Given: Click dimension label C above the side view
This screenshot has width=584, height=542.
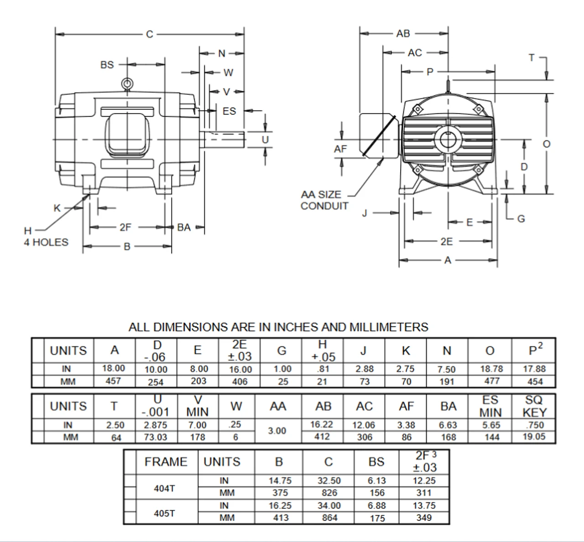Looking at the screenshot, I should point(149,34).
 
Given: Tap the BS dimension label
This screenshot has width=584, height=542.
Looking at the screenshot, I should point(107,65).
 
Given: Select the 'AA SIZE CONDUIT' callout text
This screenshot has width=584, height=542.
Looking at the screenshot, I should point(324,200).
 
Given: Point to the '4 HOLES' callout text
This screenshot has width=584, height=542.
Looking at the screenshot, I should point(46,242).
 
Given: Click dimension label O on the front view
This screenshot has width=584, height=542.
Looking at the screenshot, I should point(547,144).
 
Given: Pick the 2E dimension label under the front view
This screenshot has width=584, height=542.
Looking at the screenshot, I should point(447,242).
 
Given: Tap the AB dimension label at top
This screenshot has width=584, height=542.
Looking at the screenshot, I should point(403,33).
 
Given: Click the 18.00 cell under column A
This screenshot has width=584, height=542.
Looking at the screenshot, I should point(114,368).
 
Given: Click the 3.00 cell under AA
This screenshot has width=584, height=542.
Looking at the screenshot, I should point(277,431).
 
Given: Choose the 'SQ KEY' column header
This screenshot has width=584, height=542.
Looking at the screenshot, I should point(534,406).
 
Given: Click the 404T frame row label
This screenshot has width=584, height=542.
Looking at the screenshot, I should point(164,488).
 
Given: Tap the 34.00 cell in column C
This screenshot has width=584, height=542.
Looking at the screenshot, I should point(329,506).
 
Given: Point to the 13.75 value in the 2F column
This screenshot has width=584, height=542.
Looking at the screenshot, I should point(424,506).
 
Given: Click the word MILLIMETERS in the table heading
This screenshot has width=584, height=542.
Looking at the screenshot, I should point(389,327).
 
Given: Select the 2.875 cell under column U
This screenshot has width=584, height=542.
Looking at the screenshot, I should point(156,425).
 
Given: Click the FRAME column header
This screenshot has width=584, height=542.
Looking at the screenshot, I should point(166,462).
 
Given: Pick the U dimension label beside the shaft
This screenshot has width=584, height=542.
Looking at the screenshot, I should point(265,139).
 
